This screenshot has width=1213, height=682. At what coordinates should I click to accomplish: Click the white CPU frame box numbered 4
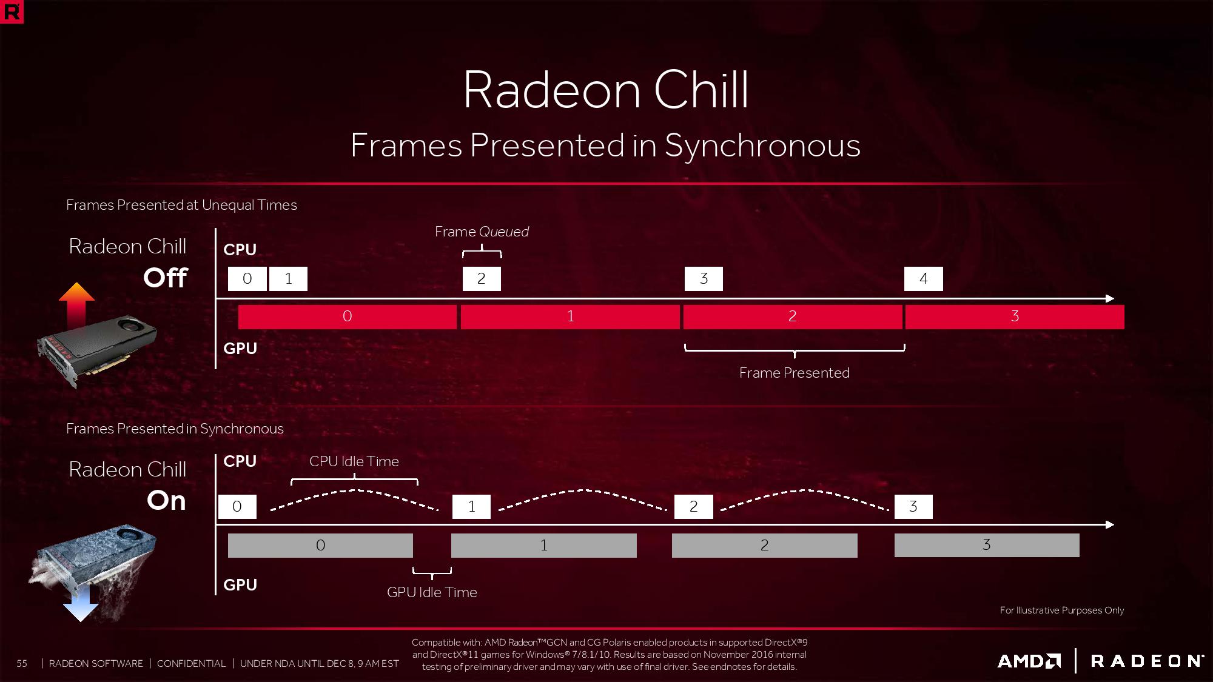pyautogui.click(x=923, y=279)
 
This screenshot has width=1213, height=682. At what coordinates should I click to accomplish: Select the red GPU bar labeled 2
pyautogui.click(x=793, y=316)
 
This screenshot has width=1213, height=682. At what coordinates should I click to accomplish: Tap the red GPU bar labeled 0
pyautogui.click(x=347, y=316)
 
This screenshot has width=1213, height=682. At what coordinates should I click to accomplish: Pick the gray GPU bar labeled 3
pyautogui.click(x=987, y=545)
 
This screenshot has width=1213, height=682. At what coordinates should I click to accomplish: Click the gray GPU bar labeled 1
pyautogui.click(x=544, y=546)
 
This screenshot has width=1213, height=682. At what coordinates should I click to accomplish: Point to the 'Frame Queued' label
pyautogui.click(x=482, y=232)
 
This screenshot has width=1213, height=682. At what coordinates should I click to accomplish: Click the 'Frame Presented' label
pyautogui.click(x=794, y=373)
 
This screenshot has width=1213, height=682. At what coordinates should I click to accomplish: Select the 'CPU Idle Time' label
pyautogui.click(x=354, y=461)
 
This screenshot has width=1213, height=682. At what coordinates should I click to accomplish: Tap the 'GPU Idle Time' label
pyautogui.click(x=432, y=592)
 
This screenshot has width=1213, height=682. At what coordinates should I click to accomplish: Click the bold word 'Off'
pyautogui.click(x=166, y=278)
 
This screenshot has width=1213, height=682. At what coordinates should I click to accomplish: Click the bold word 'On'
pyautogui.click(x=166, y=501)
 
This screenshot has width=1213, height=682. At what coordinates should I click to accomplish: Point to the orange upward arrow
pyautogui.click(x=76, y=303)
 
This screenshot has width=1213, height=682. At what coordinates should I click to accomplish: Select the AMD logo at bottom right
pyautogui.click(x=1029, y=661)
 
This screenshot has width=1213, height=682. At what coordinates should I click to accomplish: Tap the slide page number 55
pyautogui.click(x=22, y=663)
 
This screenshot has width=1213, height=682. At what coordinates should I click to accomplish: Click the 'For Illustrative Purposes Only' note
pyautogui.click(x=1061, y=610)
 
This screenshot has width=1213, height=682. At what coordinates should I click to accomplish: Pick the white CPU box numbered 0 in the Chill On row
pyautogui.click(x=237, y=507)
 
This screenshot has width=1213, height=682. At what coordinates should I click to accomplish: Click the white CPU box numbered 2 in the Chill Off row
pyautogui.click(x=482, y=279)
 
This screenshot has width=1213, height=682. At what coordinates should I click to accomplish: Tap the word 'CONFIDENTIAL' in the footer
pyautogui.click(x=191, y=663)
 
